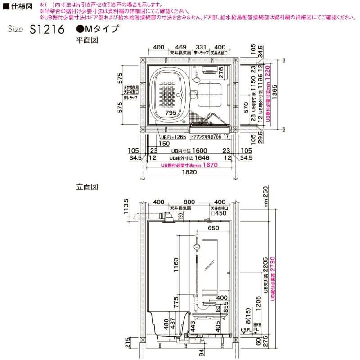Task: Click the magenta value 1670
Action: tap(210, 165)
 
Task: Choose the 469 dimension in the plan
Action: tap(180, 47)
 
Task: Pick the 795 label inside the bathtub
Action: tap(171, 113)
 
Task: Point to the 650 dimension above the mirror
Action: tap(214, 229)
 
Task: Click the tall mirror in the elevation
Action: tap(211, 266)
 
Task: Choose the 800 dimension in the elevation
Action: tap(189, 202)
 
